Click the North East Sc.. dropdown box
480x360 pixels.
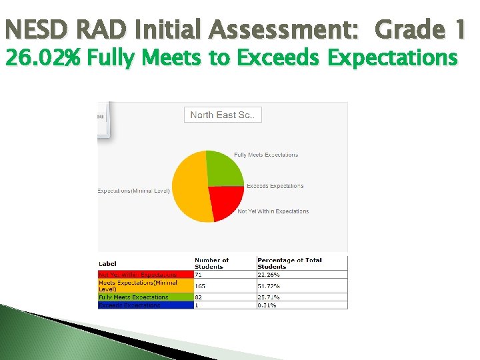tap(223, 115)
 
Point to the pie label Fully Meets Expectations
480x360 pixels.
tap(265, 155)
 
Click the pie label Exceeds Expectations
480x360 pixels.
tap(275, 186)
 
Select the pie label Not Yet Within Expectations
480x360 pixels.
tap(273, 211)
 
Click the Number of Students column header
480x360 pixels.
tap(211, 263)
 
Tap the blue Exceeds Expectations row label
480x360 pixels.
tap(129, 305)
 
